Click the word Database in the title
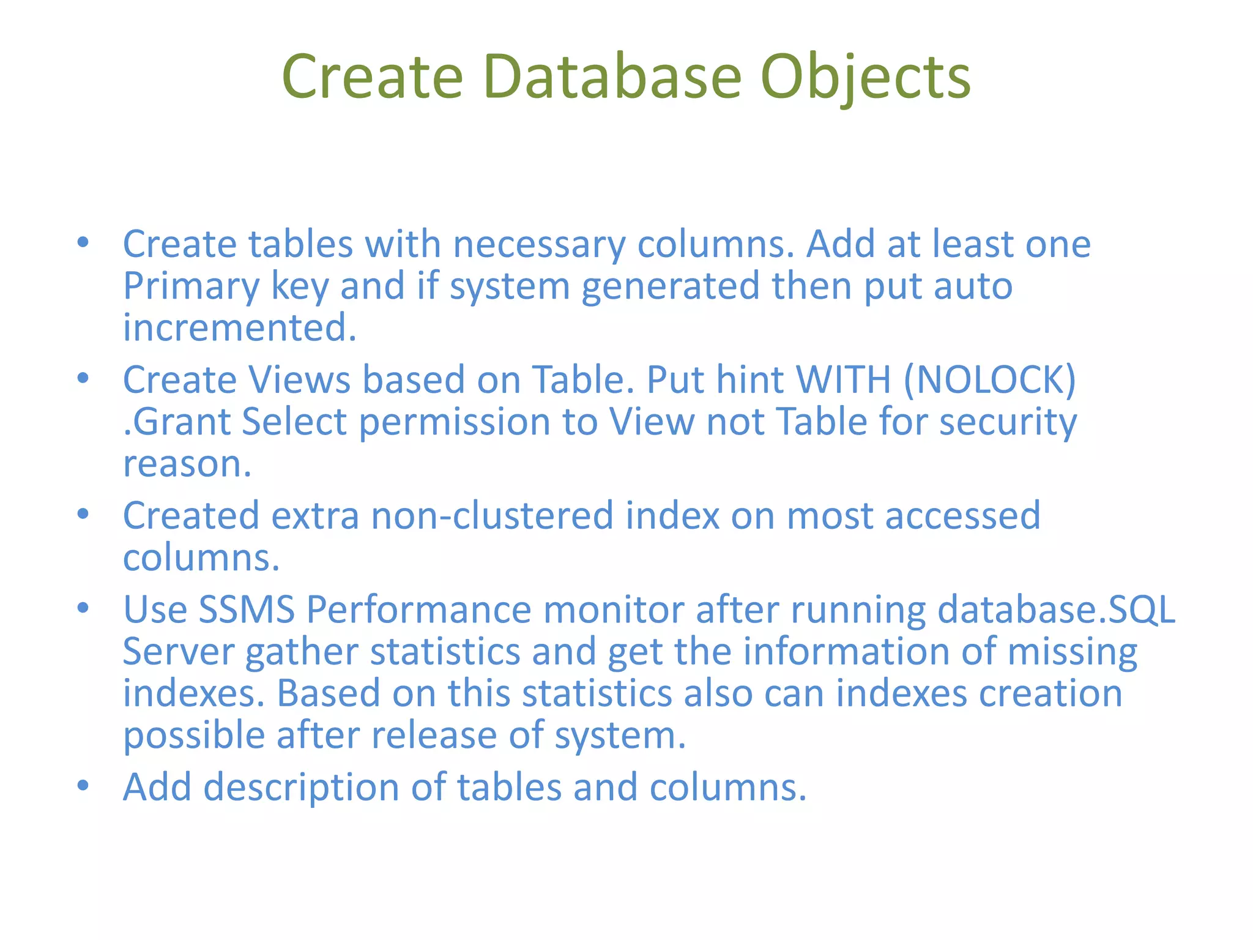612,76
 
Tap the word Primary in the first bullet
191,286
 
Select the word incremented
239,327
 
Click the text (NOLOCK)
989,380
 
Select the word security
1008,422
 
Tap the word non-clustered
492,515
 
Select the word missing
1072,652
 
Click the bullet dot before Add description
83,785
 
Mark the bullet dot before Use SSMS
83,608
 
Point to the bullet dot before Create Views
83,378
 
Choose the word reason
187,464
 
